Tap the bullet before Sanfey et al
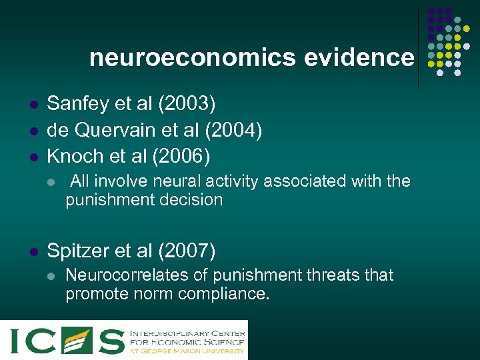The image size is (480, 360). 31,105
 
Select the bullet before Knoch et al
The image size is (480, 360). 31,157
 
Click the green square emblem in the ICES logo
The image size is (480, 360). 76,340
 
